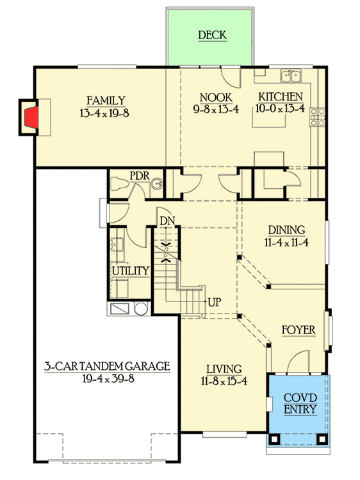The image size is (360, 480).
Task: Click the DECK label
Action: coord(211,35)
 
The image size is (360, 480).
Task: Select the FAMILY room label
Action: coord(106,99)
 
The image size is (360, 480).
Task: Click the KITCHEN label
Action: coord(280,97)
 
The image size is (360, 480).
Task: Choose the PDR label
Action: coord(139,175)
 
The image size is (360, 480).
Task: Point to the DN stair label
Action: coord(167,221)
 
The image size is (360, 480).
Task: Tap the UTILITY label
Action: coord(131,271)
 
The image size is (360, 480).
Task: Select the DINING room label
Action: coord(286,230)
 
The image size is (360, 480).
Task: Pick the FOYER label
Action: coord(299,330)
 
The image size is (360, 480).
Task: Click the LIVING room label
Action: coord(224,369)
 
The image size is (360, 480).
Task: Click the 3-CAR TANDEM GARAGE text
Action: coord(107,367)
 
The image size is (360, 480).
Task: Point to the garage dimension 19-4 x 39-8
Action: coord(107,379)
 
